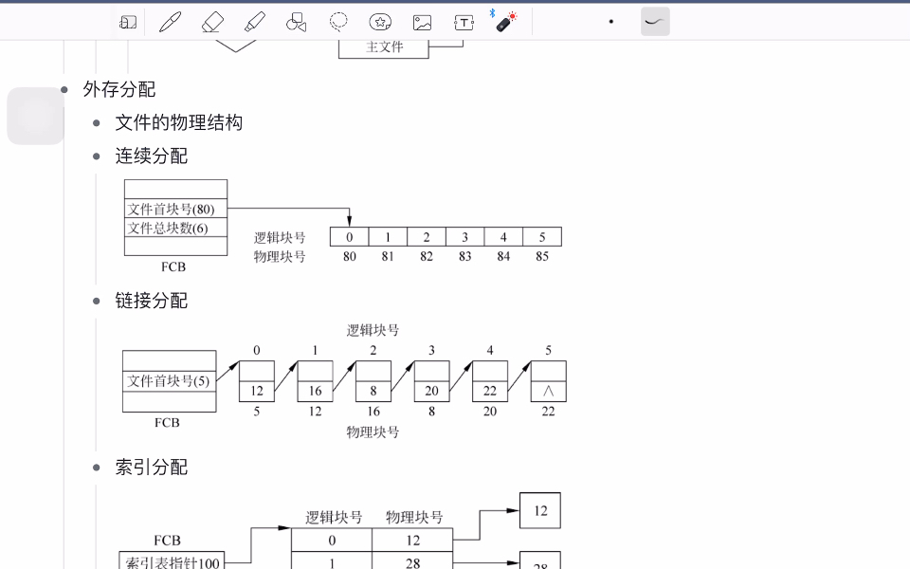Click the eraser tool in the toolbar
point(212,22)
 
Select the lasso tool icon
point(338,22)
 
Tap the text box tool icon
point(464,22)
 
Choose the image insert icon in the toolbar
point(422,22)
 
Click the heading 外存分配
point(119,89)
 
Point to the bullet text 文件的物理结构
point(179,122)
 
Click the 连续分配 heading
point(152,156)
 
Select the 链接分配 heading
point(152,301)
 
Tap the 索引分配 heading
point(152,468)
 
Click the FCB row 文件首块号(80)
point(175,209)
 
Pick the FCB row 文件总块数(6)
point(175,228)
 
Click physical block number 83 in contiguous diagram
point(464,256)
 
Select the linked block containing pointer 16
point(315,391)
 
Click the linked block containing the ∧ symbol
point(548,391)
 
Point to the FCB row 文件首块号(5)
point(169,381)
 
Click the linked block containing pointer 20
point(431,391)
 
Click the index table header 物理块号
point(414,518)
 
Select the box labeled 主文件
point(384,46)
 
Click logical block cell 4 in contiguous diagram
point(503,237)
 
